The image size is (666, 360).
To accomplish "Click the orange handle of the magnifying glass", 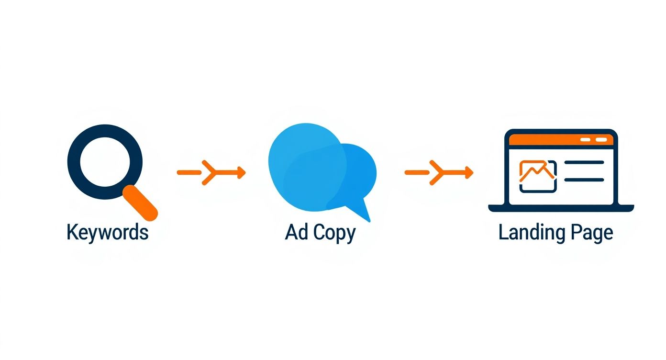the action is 140,203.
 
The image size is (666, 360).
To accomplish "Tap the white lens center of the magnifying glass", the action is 105,162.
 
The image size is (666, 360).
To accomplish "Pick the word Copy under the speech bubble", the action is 334,234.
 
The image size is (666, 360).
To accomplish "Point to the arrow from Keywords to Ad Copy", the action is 211,172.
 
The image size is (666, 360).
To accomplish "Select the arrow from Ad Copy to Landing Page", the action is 439,172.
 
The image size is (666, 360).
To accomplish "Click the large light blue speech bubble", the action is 306,167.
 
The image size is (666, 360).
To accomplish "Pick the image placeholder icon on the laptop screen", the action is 538,177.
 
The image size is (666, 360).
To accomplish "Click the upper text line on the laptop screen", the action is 584,162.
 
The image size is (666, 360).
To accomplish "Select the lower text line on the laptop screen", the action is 584,180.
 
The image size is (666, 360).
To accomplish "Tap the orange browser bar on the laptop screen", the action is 561,139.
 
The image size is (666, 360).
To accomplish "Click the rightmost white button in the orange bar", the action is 601,139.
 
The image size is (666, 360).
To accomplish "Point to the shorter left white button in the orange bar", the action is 585,139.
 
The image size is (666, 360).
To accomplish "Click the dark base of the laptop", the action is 561,208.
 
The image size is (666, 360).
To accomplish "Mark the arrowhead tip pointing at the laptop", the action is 473,172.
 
